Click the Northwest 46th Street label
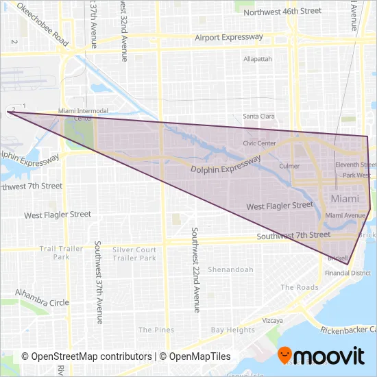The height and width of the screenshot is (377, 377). pos(282,12)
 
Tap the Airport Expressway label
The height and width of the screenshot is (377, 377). pos(229,38)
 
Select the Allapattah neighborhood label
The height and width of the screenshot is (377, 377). pos(258,59)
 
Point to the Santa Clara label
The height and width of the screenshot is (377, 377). pos(258,117)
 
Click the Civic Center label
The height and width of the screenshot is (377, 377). pos(259,143)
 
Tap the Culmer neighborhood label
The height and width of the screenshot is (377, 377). pos(290,166)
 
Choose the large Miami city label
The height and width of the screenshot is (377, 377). pos(344,198)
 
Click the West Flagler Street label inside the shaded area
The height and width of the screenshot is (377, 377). pos(280,206)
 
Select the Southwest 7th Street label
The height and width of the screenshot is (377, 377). pos(293,235)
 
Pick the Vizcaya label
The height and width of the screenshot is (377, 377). pos(273,320)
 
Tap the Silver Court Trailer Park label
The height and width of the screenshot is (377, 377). pos(134,254)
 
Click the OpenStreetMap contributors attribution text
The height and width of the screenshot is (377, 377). pos(87,356)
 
